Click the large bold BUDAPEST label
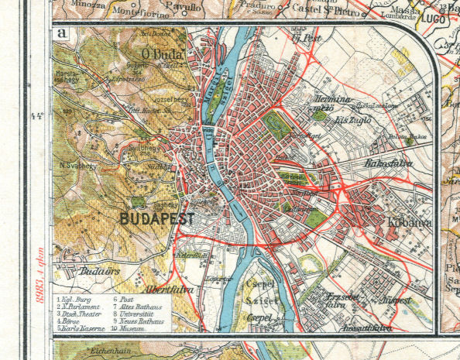pos(157,219)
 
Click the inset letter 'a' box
pos(60,34)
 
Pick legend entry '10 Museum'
pos(133,328)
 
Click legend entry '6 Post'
pos(126,298)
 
